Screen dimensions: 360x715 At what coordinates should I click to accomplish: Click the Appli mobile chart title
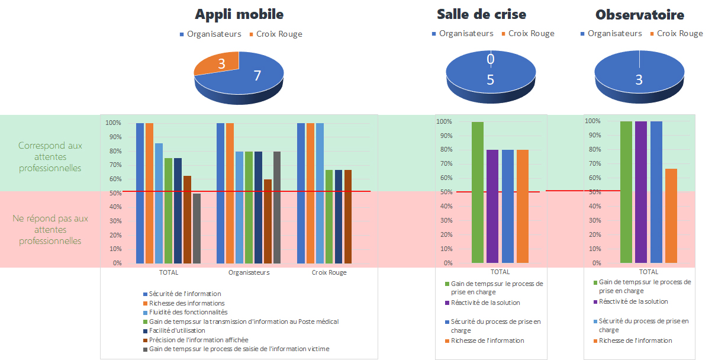click(239, 14)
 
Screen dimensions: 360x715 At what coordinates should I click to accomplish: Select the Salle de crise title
click(481, 14)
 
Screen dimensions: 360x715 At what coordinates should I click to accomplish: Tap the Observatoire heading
click(639, 15)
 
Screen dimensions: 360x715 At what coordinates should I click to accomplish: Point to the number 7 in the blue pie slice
click(257, 75)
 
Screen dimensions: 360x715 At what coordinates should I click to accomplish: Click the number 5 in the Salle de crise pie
click(490, 79)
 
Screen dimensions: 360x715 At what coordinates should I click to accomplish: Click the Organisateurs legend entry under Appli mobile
click(214, 34)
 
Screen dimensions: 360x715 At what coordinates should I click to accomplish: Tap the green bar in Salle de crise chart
click(478, 192)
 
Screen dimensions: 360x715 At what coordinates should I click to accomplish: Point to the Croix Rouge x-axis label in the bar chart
click(329, 272)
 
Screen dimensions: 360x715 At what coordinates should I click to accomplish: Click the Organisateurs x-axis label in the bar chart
click(249, 272)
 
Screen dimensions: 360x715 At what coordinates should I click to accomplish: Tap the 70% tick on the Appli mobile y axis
click(113, 165)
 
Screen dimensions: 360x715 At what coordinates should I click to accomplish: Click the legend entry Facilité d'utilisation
click(177, 330)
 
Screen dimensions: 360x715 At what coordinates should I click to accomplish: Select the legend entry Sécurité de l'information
click(185, 294)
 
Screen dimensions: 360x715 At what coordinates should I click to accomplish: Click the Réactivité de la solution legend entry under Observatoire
click(633, 301)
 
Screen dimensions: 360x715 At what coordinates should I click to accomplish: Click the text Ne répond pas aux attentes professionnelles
click(50, 230)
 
